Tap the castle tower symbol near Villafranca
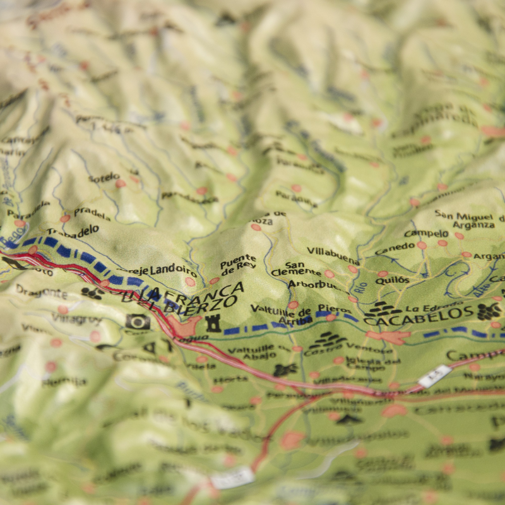pos(213,323)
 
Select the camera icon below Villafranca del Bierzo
pos(138,322)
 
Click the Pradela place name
pos(92,213)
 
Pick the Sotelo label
pos(104,177)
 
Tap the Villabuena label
pos(333,255)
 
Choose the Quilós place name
pos(392,280)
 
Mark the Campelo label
pos(426,234)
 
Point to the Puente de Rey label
pos(238,261)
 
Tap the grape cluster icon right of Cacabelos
pos(488,311)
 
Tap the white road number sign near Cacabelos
pos(434,376)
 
